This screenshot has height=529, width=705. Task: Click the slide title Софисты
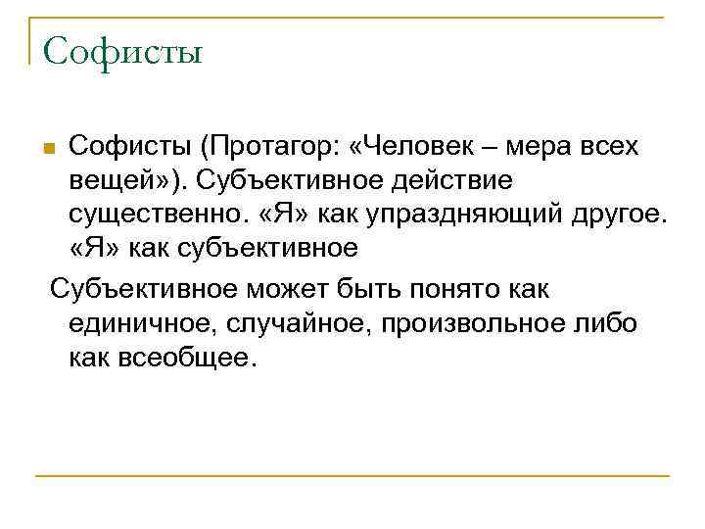[x=122, y=48]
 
